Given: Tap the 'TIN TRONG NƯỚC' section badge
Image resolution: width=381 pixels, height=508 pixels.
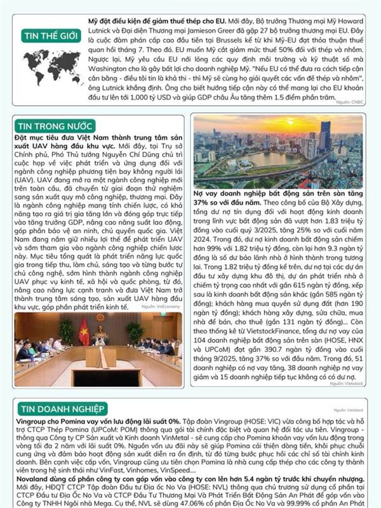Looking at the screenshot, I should point(55,126).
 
